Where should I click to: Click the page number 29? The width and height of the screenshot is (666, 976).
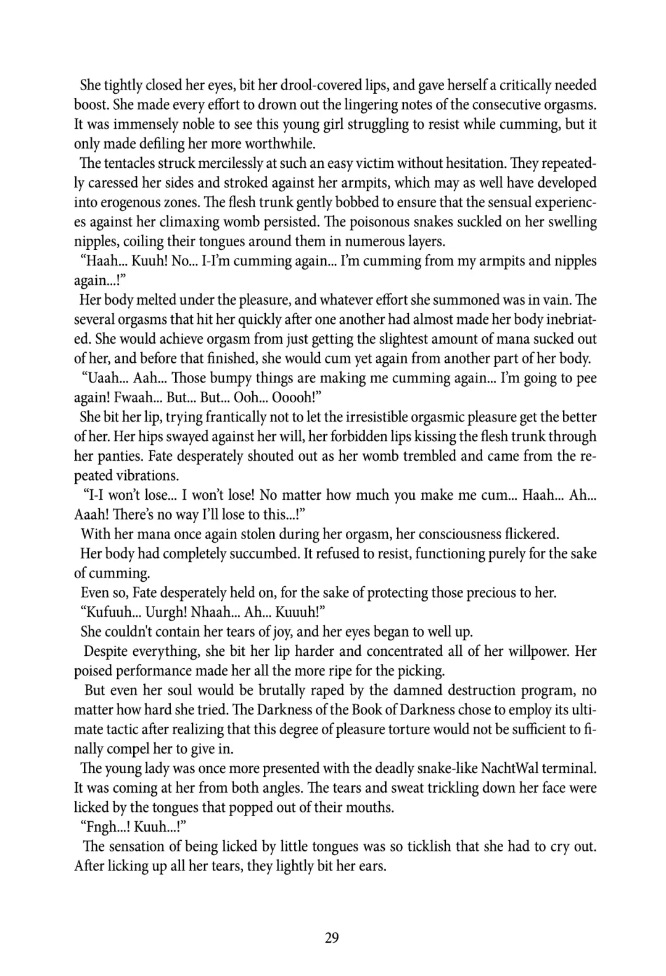tap(331, 938)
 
